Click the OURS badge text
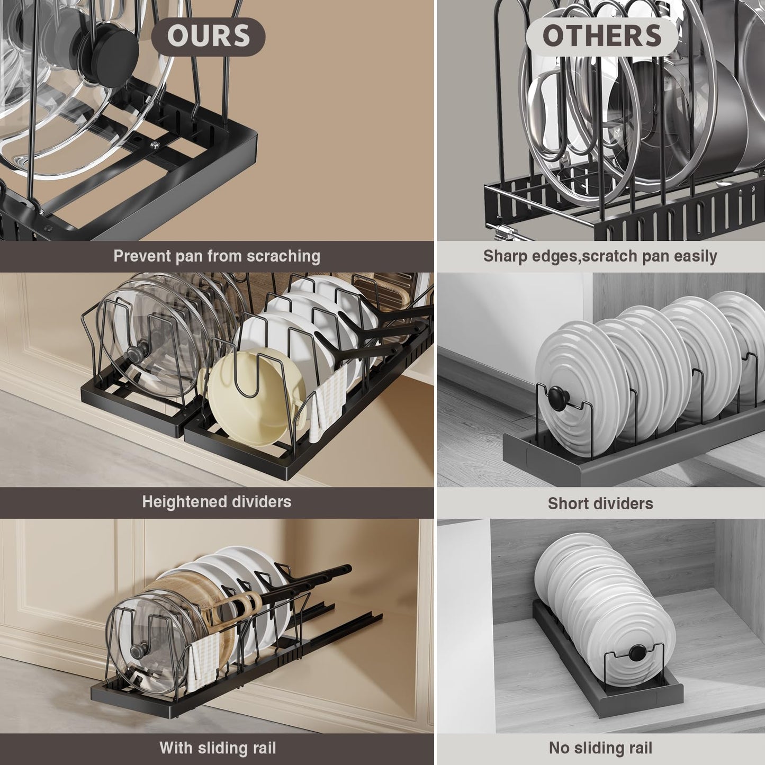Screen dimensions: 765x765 209,35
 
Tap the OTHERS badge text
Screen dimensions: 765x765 602,35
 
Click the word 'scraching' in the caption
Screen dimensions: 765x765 283,256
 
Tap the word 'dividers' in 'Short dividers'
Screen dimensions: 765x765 625,503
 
